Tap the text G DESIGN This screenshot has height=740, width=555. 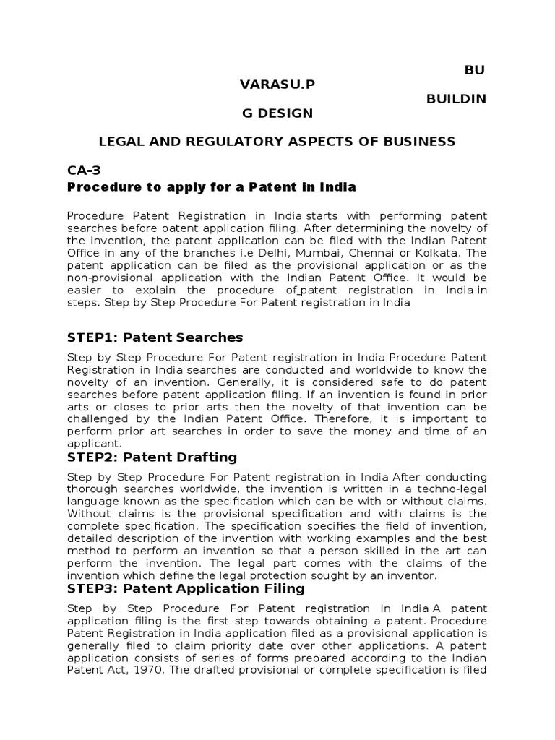tap(277, 113)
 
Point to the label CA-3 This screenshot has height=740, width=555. tap(84, 171)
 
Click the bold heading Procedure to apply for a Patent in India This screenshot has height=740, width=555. tap(212, 186)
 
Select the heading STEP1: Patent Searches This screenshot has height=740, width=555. tap(155, 337)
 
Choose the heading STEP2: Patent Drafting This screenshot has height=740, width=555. tap(152, 457)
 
